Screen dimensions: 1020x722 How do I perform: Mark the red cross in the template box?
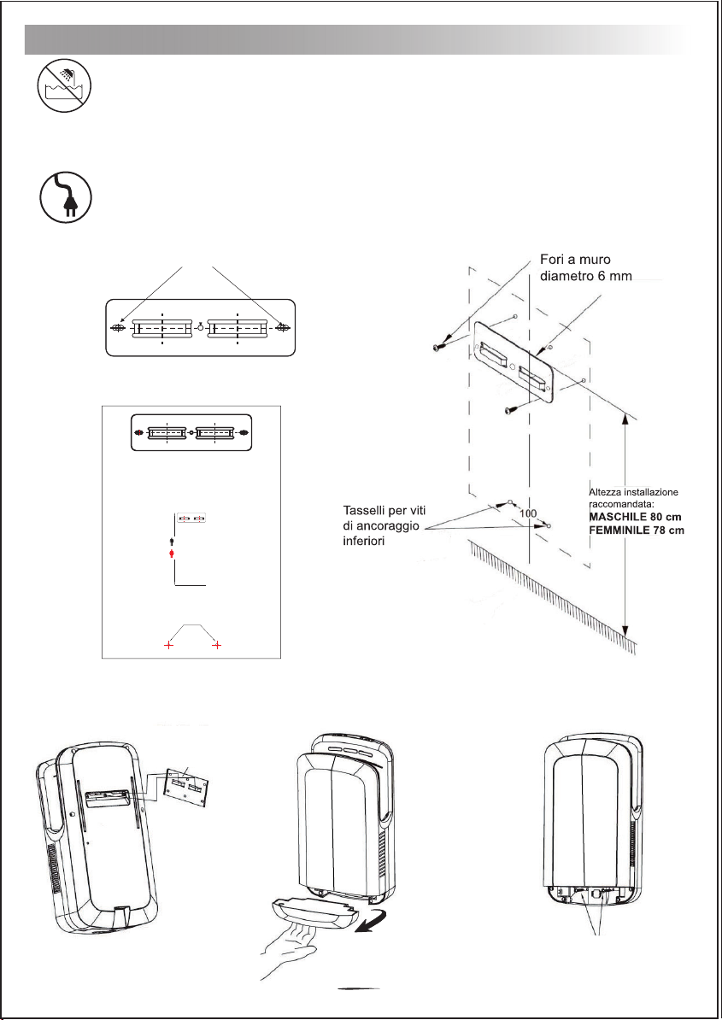(x=217, y=646)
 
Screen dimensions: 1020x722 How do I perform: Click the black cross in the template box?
(x=169, y=646)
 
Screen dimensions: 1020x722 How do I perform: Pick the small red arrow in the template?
(x=173, y=554)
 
